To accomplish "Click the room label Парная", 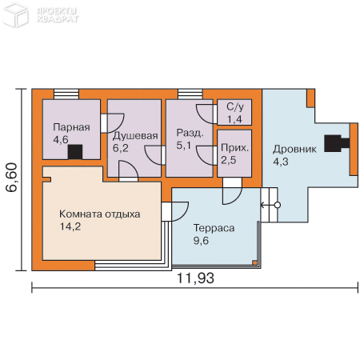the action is pos(71,127).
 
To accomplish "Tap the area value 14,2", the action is pos(70,226).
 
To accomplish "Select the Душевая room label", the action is pos(135,136).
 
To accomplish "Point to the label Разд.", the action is pos(190,133).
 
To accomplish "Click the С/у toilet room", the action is pos(234,112).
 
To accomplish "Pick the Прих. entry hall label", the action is pos(234,148).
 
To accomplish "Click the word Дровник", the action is pos(294,149).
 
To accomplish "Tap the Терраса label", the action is pos(214,228).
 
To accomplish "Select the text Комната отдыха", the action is pos(99,214).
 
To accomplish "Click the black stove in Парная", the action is pos(75,152).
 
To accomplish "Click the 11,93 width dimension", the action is pos(195,278).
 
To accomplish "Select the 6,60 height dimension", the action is pos(12,178).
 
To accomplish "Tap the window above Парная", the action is pos(66,94).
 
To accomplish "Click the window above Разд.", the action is pos(190,94).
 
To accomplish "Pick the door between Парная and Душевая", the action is pos(112,123).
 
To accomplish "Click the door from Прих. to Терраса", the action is pos(232,191).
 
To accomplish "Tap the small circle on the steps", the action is pos(278,205).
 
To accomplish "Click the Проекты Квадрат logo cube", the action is pos(15,14).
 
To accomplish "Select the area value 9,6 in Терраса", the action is pos(201,241).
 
